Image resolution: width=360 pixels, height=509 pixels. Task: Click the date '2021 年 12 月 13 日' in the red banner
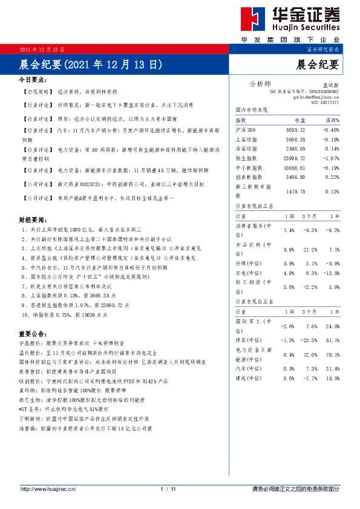click(x=42, y=48)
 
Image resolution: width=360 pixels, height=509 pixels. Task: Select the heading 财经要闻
click(x=33, y=220)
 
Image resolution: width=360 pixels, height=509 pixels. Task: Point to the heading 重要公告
click(x=33, y=333)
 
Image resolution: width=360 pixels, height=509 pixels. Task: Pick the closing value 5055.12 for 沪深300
click(x=304, y=130)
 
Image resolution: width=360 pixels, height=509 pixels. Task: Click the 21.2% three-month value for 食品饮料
click(x=310, y=250)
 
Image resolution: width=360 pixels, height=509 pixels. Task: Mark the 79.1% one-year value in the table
click(x=332, y=354)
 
